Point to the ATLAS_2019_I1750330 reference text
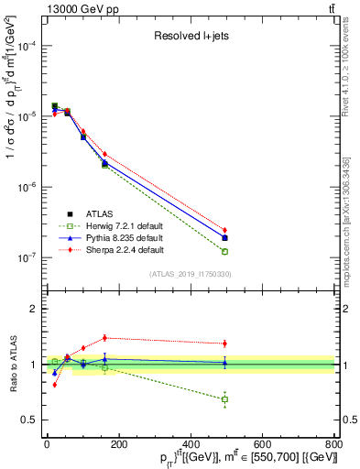[190, 273]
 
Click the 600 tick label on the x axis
[262, 444]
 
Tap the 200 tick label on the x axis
[118, 444]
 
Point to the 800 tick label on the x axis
[333, 444]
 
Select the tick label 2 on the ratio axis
[32, 309]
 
